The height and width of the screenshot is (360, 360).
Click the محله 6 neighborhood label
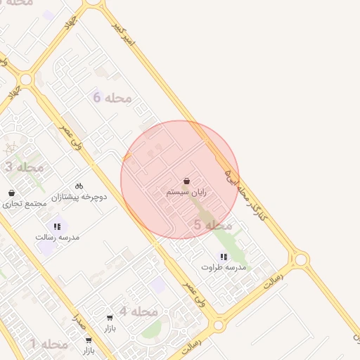click(x=112, y=98)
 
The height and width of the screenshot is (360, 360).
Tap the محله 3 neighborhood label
click(x=25, y=167)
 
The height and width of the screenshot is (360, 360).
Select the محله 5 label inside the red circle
click(x=213, y=225)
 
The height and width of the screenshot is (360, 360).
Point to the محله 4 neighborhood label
click(x=138, y=311)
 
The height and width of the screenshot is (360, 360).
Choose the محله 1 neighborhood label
click(x=49, y=344)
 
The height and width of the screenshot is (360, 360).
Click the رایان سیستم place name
click(x=187, y=192)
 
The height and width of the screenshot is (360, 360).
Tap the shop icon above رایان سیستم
click(x=186, y=181)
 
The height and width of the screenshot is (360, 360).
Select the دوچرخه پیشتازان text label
click(x=82, y=198)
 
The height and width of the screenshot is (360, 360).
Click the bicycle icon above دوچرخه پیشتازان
click(x=79, y=186)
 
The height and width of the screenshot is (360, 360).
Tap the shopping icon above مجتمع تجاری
click(x=11, y=193)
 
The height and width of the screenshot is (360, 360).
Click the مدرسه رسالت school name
click(x=58, y=237)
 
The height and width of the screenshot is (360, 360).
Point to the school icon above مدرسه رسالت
click(x=57, y=226)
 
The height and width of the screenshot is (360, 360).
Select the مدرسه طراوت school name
click(x=224, y=267)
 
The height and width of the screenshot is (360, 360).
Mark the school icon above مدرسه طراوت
click(x=224, y=257)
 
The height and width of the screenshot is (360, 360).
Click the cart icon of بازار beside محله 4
click(x=110, y=318)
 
